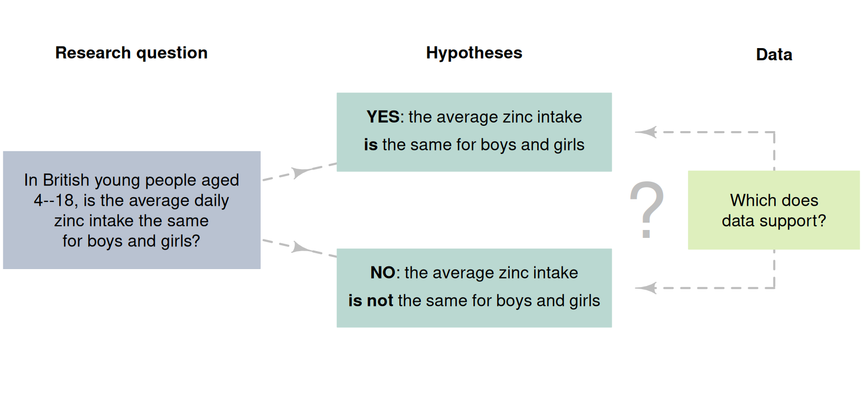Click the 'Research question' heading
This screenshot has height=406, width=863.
tap(131, 53)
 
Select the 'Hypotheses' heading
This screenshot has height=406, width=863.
tap(474, 53)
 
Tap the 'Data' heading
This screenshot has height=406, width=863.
tap(774, 54)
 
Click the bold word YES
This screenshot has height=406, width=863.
tap(383, 117)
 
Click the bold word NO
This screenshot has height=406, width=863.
tap(383, 273)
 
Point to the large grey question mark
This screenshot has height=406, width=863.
tap(647, 209)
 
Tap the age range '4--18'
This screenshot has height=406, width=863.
tap(54, 200)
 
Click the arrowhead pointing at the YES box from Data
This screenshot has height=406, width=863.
tap(646, 132)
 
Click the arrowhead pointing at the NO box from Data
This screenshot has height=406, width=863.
tap(646, 288)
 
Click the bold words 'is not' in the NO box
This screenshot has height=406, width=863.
tap(371, 301)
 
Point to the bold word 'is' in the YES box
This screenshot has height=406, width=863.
tap(370, 145)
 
